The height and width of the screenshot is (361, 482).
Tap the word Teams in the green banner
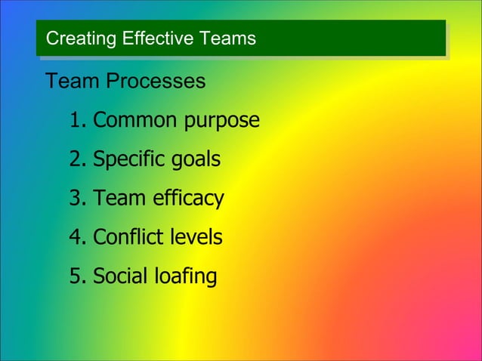coord(227,39)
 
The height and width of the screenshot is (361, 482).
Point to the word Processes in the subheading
coord(155,81)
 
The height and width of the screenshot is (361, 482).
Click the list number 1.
coord(78,121)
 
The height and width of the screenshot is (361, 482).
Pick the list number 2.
coord(78,160)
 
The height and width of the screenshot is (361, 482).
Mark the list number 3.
coord(78,199)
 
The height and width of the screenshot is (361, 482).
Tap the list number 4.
coord(78,238)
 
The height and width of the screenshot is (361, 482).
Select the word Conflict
coord(126,238)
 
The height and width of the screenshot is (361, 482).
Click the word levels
coord(194,238)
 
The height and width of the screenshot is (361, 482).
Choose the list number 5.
coord(78,277)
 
